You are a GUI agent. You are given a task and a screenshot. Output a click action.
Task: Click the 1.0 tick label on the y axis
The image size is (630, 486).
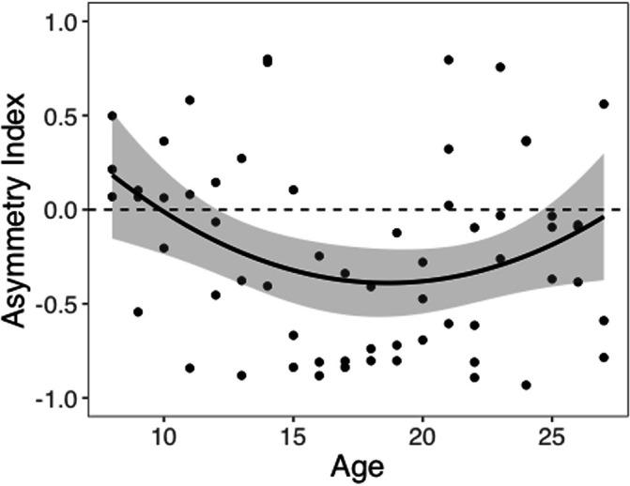60,22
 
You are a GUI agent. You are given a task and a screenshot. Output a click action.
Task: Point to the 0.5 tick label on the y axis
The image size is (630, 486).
60,115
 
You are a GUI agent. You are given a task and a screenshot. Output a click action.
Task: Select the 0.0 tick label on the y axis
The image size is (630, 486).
60,209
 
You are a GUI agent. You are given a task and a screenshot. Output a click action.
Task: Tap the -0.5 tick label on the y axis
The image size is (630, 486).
57,303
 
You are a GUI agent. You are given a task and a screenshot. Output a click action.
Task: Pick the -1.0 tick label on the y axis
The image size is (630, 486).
57,398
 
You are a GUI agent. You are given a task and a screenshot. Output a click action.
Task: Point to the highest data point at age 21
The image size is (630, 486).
449,60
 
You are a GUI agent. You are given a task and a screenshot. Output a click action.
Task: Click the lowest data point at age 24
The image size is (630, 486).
526,385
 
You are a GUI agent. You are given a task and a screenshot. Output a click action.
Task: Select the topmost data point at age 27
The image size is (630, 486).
604,104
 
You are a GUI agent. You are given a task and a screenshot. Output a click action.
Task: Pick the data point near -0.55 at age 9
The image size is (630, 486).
138,311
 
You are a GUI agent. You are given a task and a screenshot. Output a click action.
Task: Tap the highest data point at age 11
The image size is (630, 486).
190,99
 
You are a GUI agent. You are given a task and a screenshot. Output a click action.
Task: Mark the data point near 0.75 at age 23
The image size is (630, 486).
500,67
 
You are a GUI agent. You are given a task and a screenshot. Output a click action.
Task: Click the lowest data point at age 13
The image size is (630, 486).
241,375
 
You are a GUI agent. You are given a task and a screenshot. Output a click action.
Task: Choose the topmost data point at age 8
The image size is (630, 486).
113,115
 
